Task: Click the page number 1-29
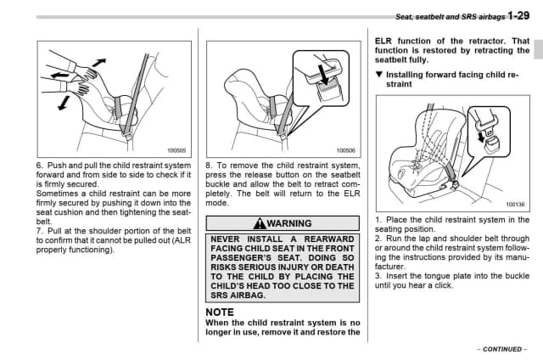pyautogui.click(x=519, y=15)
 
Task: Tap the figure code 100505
pyautogui.click(x=176, y=150)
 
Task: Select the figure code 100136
pyautogui.click(x=515, y=205)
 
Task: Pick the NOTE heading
pyautogui.click(x=220, y=312)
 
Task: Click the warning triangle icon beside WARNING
pyautogui.click(x=260, y=223)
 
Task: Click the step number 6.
pyautogui.click(x=39, y=166)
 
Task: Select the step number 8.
pyautogui.click(x=209, y=166)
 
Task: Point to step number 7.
pyautogui.click(x=39, y=231)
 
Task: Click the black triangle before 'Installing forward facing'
pyautogui.click(x=378, y=75)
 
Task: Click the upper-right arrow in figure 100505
pyautogui.click(x=100, y=62)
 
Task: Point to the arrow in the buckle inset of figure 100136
pyautogui.click(x=483, y=134)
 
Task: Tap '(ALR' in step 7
pyautogui.click(x=172, y=240)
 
